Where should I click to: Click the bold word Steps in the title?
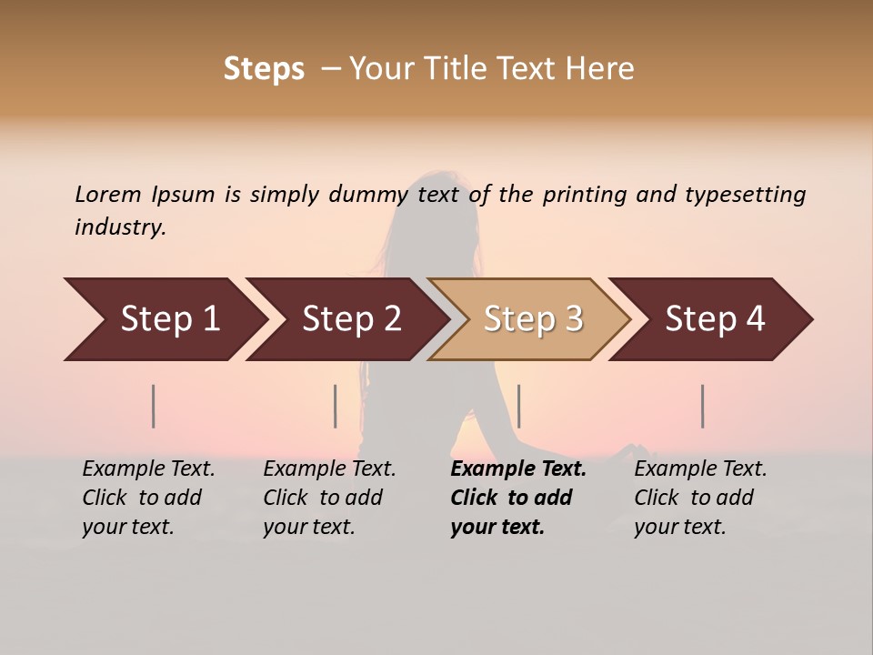pyautogui.click(x=264, y=69)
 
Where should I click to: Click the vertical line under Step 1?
pyautogui.click(x=154, y=406)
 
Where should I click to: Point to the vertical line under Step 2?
pyautogui.click(x=336, y=406)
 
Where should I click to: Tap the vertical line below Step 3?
pyautogui.click(x=519, y=406)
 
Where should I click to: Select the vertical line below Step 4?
pyautogui.click(x=703, y=406)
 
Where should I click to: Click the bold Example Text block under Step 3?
pyautogui.click(x=518, y=498)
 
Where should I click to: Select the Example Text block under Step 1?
pyautogui.click(x=148, y=498)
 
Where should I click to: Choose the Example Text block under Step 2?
pyautogui.click(x=329, y=498)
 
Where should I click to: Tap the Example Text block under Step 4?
pyautogui.click(x=700, y=498)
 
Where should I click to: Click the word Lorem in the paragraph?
pyautogui.click(x=108, y=194)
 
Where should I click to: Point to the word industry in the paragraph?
pyautogui.click(x=120, y=227)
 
